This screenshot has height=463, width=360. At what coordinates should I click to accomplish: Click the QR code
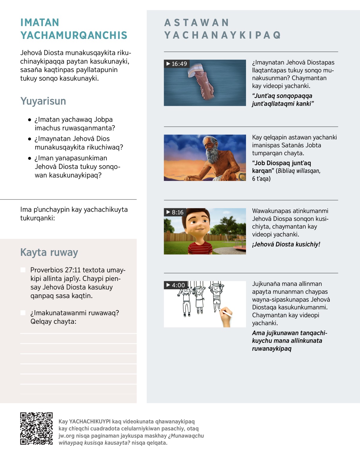36,428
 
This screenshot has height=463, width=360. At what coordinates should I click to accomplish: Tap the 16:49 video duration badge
176,64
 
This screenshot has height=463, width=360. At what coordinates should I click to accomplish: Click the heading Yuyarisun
43,101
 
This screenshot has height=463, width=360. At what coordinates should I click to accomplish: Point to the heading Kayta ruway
49,252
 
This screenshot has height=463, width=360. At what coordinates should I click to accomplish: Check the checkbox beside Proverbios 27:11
23,270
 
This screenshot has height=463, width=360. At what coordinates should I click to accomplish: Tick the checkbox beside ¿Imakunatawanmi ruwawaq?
23,313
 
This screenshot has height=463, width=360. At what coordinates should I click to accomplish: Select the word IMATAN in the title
40,23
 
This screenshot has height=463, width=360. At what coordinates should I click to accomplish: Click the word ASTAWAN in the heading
197,23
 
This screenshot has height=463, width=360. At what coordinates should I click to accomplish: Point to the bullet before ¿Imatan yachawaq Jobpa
29,120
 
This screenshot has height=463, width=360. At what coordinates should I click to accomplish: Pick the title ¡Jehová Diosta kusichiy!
286,244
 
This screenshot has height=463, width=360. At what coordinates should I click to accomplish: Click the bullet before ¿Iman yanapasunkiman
29,158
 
